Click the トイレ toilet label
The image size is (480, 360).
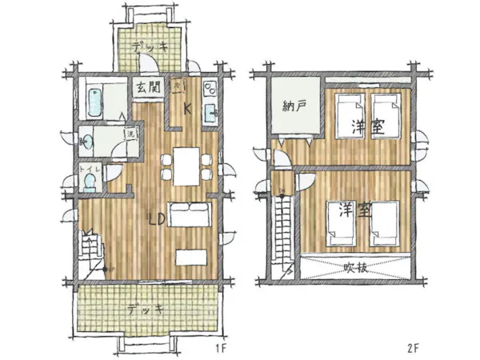pyautogui.click(x=88, y=170)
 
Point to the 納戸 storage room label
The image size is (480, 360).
pyautogui.click(x=294, y=105)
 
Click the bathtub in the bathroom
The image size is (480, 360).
pyautogui.click(x=94, y=99)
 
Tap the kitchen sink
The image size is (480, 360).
pyautogui.click(x=210, y=111)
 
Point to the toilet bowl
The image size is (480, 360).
pyautogui.click(x=90, y=183)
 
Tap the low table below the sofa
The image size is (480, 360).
pyautogui.click(x=191, y=257)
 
